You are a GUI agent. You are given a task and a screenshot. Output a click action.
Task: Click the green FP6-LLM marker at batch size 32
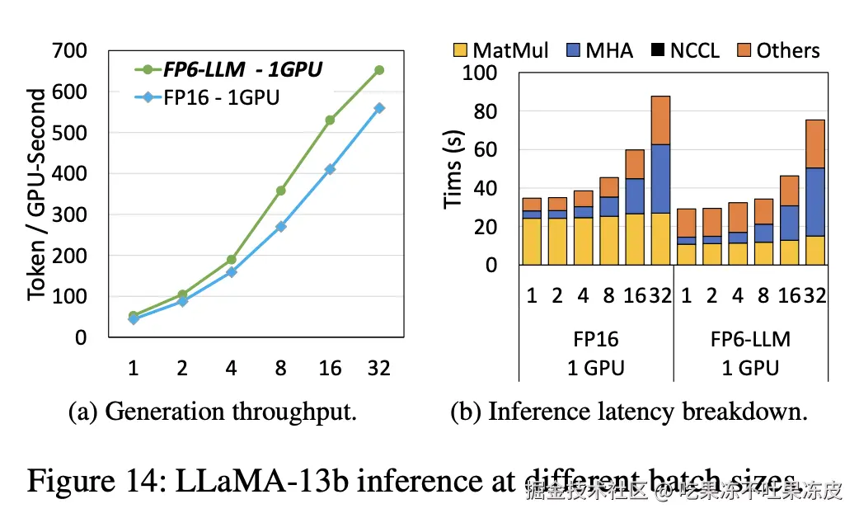(x=379, y=70)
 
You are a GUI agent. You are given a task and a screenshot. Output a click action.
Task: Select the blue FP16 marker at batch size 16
(x=330, y=169)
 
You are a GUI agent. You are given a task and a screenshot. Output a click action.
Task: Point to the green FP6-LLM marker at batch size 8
(x=280, y=191)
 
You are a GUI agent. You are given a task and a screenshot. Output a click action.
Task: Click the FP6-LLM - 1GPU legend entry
(x=232, y=70)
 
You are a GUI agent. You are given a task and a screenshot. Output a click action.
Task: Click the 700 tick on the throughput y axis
(x=70, y=51)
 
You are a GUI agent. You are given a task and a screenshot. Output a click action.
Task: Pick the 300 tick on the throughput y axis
(x=70, y=214)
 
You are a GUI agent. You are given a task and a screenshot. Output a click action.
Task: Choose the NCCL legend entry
(x=683, y=50)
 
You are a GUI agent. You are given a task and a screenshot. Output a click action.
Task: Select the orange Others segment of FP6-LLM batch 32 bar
(x=814, y=144)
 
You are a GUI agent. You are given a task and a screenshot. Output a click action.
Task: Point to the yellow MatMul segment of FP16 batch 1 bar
(x=532, y=242)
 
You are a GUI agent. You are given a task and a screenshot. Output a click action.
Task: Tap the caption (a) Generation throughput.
(x=212, y=412)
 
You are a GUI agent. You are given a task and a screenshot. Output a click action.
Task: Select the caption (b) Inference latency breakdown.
(x=629, y=412)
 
